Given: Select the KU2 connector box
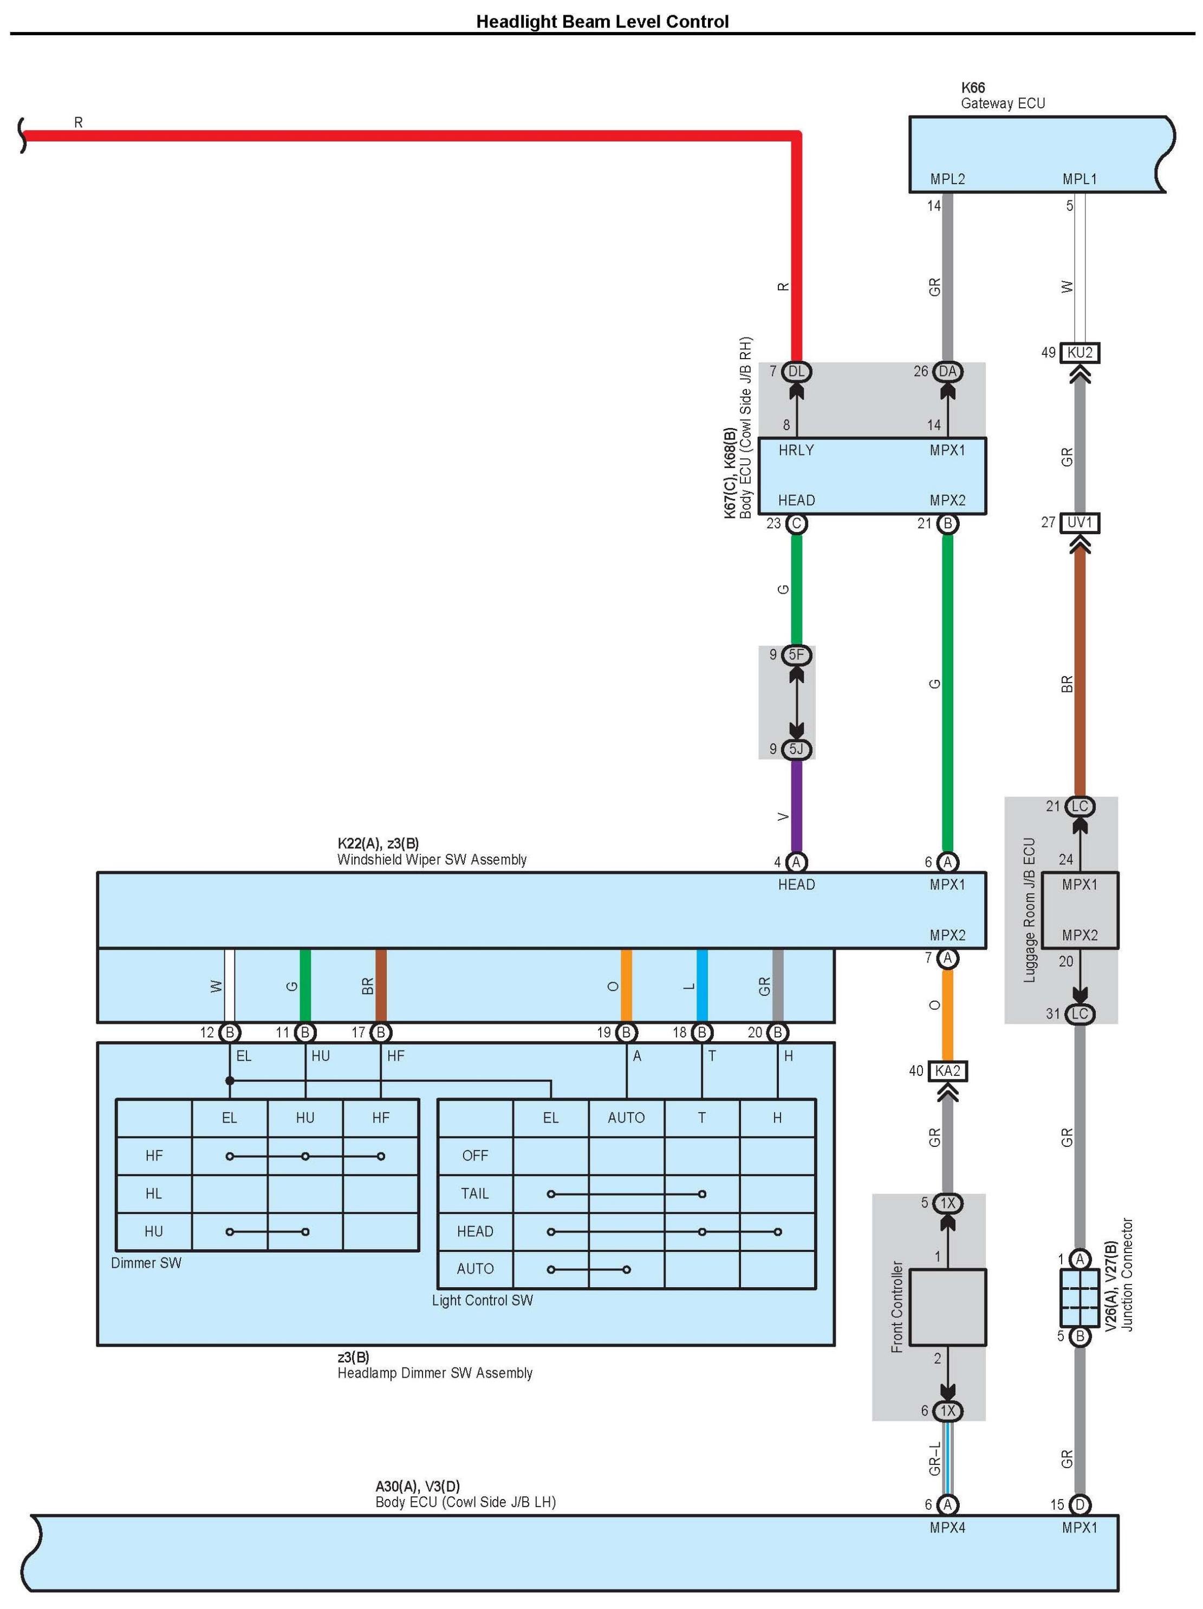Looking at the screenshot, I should (x=1080, y=353).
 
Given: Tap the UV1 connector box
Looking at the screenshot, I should (x=1080, y=522).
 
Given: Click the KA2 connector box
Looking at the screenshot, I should (x=948, y=1070).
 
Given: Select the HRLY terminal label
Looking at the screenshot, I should (x=796, y=450).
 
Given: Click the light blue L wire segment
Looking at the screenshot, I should (x=702, y=985).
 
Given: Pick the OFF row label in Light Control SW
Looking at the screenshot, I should (x=475, y=1155).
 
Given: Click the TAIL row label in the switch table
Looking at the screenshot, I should (x=475, y=1193).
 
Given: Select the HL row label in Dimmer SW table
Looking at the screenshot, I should (x=153, y=1193).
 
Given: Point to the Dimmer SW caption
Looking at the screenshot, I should (x=146, y=1263).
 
